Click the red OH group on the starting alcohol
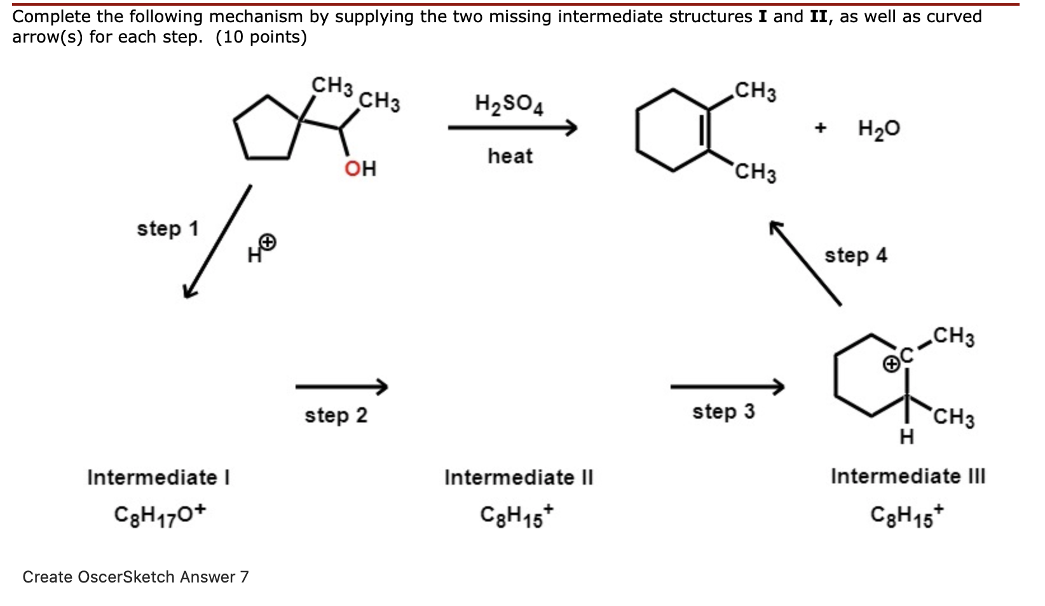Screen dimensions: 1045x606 pyautogui.click(x=360, y=168)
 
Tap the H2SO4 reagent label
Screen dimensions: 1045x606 pyautogui.click(x=509, y=104)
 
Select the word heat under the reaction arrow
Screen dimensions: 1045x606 pyautogui.click(x=510, y=156)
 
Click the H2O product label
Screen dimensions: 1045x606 pyautogui.click(x=878, y=129)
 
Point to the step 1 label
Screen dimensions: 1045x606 pyautogui.click(x=168, y=228)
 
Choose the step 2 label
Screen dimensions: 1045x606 pyautogui.click(x=336, y=415)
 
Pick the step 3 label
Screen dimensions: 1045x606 pyautogui.click(x=723, y=412)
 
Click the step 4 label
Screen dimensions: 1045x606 pyautogui.click(x=856, y=255)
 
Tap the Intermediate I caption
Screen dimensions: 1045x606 pyautogui.click(x=158, y=477)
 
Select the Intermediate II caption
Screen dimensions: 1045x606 pyautogui.click(x=518, y=477)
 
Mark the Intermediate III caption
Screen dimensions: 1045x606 pyautogui.click(x=908, y=476)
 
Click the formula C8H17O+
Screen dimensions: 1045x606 pyautogui.click(x=160, y=513)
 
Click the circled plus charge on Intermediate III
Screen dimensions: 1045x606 pyautogui.click(x=892, y=364)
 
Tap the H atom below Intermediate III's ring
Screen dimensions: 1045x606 pyautogui.click(x=907, y=437)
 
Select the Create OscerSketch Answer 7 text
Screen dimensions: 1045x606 pyautogui.click(x=135, y=577)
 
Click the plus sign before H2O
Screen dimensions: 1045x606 pyautogui.click(x=821, y=128)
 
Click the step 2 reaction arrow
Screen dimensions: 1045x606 pyautogui.click(x=341, y=386)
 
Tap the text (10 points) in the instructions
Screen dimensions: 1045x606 pyautogui.click(x=261, y=37)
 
